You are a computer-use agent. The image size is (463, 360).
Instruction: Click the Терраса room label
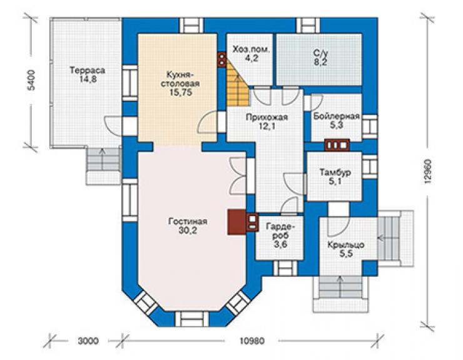point(88,71)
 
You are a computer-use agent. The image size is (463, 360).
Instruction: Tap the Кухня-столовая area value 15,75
point(181,93)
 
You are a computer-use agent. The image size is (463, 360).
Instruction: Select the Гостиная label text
point(188,222)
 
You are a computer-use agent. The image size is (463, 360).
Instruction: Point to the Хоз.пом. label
point(252,49)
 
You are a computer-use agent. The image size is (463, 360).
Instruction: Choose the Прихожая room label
point(267,117)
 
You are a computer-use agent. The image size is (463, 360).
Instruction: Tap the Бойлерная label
point(337,116)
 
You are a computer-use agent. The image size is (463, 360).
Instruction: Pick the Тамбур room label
point(335,172)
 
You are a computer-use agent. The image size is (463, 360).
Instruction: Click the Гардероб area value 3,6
point(280,244)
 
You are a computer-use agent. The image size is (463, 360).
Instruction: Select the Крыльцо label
point(346,245)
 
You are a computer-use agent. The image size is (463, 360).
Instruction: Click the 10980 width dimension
point(252,341)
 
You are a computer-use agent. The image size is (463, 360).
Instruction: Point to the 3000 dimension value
point(88,341)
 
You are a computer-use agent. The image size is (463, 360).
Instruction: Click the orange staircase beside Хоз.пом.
point(238,84)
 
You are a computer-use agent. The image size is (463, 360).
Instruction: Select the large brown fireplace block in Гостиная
point(237,222)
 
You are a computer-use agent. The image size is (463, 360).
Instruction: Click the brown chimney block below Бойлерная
point(337,145)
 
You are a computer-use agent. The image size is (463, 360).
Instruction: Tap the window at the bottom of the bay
point(191,319)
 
